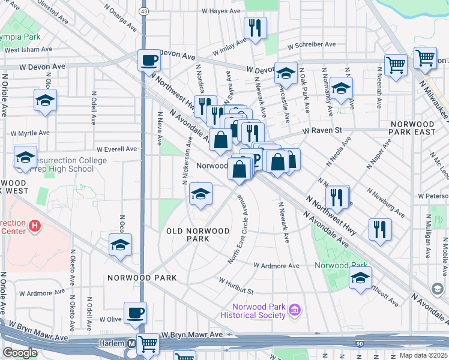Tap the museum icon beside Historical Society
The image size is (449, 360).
[x=295, y=310]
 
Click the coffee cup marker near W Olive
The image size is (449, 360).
[x=136, y=313]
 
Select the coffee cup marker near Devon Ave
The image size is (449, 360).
[x=149, y=61]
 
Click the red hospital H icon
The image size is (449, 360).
[x=35, y=226]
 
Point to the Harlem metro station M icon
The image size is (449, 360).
[x=130, y=344]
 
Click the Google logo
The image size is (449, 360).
[x=20, y=353]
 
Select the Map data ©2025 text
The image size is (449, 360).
[x=423, y=355]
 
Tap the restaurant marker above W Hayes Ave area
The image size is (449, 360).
[x=256, y=27]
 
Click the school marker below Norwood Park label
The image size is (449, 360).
[x=360, y=278]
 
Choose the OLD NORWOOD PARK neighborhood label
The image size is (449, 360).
[x=198, y=235]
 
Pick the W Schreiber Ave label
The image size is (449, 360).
[x=312, y=45]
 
